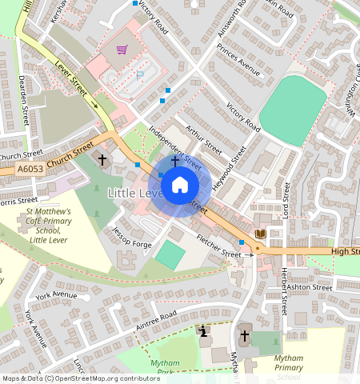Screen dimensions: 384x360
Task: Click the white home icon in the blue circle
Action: tap(180, 186)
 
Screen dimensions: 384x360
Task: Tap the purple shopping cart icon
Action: tap(122, 50)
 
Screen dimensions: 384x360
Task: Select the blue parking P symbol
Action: tap(141, 74)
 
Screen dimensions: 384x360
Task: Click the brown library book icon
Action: tap(260, 234)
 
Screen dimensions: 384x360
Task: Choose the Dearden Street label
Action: tap(23, 100)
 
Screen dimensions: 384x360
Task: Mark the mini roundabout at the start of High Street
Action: tap(257, 250)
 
